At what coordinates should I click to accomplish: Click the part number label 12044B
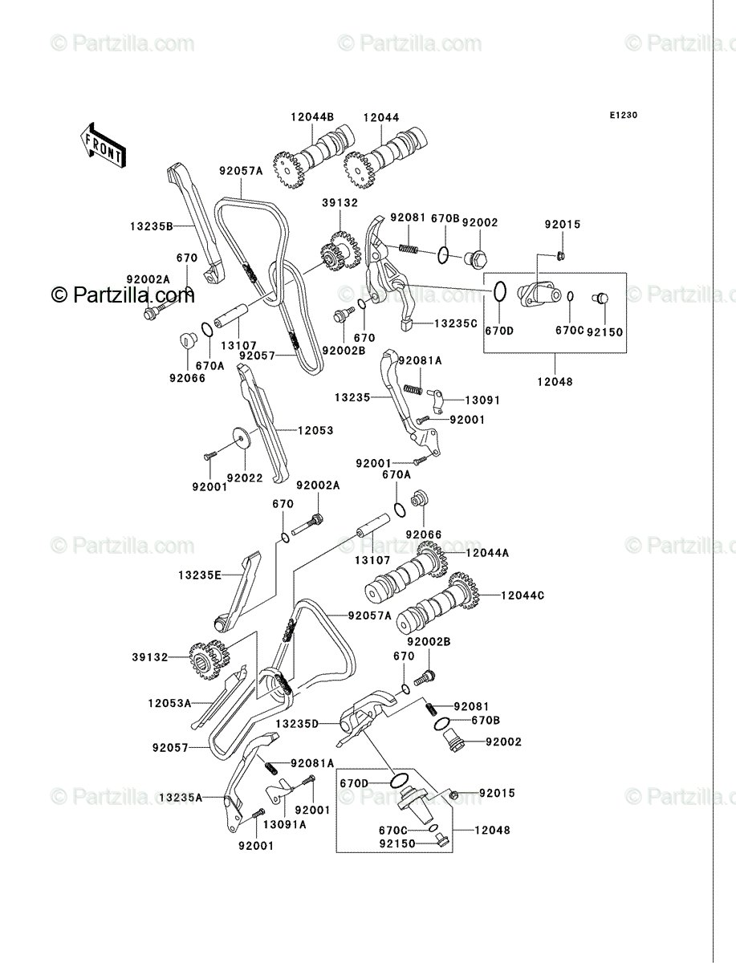point(312,117)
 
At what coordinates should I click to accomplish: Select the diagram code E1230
point(623,116)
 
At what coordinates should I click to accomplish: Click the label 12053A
point(169,703)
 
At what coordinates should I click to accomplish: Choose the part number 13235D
point(297,724)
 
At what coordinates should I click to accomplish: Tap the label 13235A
point(181,798)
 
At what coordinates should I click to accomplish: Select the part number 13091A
point(284,825)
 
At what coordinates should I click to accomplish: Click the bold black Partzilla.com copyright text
point(123,295)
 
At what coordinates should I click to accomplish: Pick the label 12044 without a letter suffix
point(381,117)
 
